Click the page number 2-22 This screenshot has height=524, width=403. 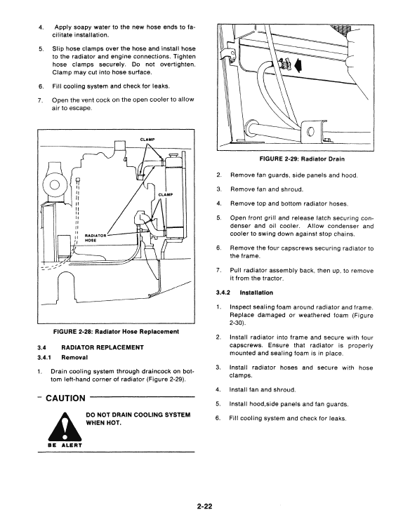coord(204,506)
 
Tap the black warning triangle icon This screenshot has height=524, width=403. coord(65,426)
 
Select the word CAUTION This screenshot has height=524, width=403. coord(65,398)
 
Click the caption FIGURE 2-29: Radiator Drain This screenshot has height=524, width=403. coord(302,159)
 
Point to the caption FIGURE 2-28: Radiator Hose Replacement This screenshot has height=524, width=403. coord(116,332)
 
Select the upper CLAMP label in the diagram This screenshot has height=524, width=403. coord(147,140)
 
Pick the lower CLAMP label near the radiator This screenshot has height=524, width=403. coord(166,194)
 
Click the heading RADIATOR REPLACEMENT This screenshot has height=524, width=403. coord(103,347)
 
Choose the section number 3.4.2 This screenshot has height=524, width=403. coord(223,293)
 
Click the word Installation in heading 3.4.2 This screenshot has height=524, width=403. coord(256,293)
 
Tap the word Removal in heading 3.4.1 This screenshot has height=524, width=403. coord(74,357)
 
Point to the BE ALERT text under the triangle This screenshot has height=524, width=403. coord(65,445)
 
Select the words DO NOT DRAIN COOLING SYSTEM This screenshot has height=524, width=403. coord(138,415)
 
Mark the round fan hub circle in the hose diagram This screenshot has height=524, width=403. coord(54,184)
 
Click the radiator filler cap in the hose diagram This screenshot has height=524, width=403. coord(174,155)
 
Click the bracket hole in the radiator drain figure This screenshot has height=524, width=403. coord(311,130)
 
